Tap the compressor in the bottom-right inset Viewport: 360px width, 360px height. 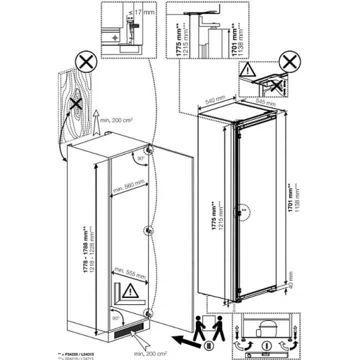[x=267, y=326]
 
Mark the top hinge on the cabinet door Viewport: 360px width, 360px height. [x=149, y=150]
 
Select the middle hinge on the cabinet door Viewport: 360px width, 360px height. [x=149, y=230]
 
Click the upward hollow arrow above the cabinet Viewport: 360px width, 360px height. [x=95, y=121]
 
